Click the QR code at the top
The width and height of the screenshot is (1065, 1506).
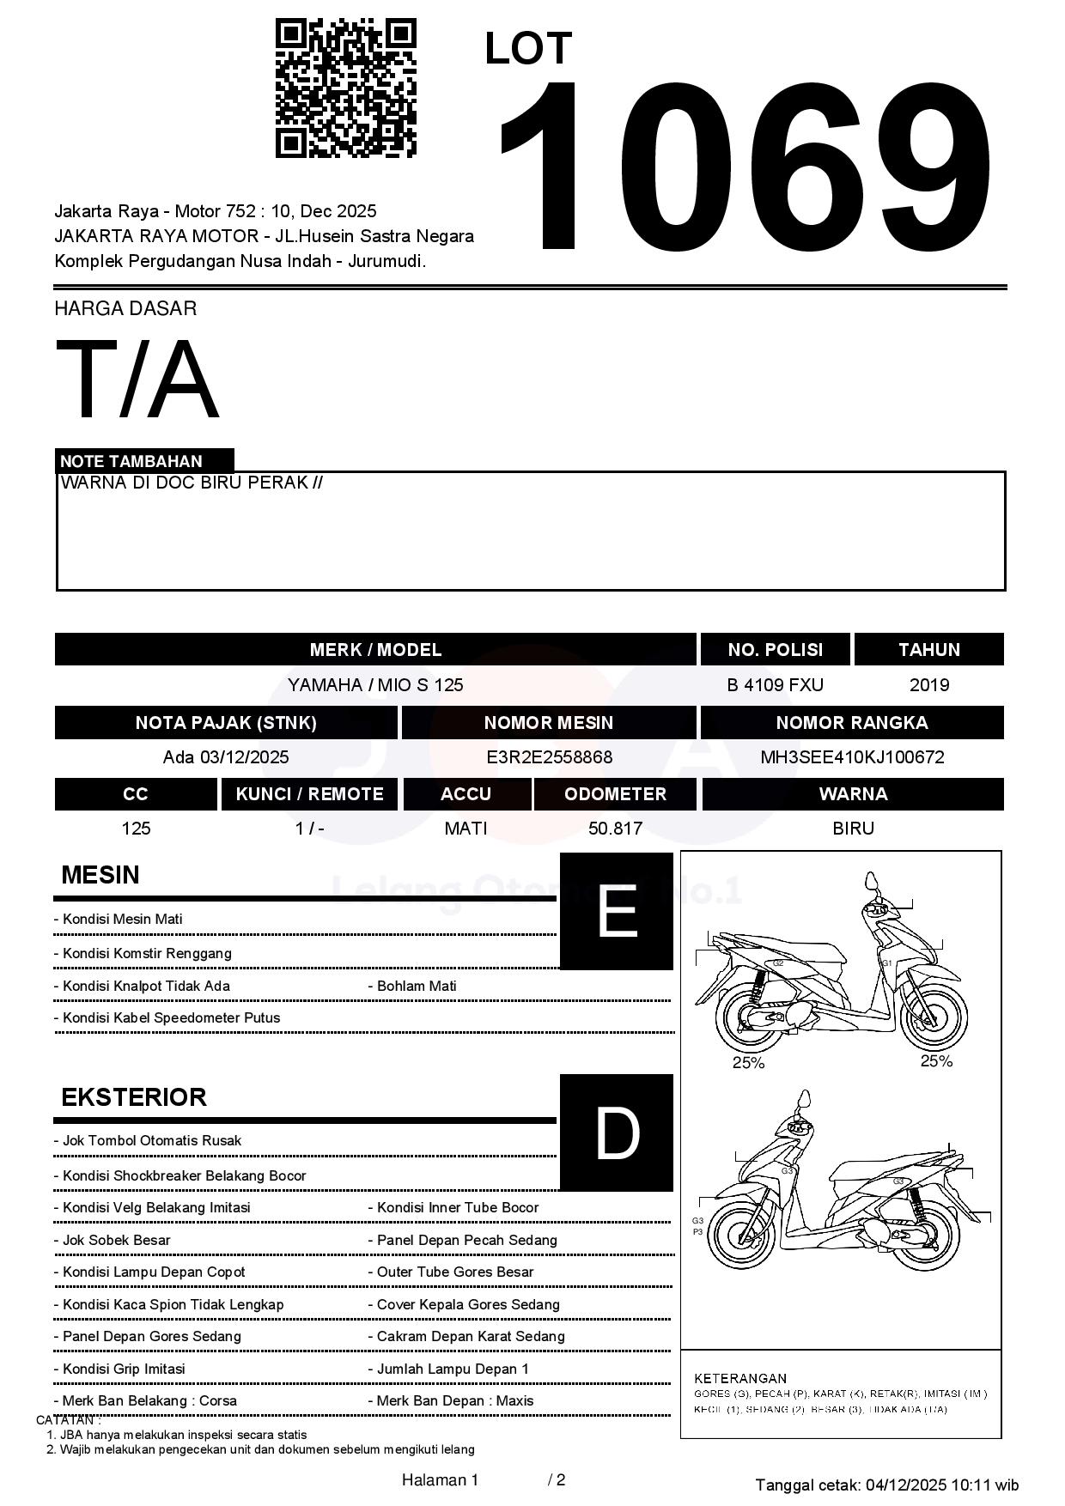pos(345,88)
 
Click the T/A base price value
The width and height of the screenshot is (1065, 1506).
pos(137,380)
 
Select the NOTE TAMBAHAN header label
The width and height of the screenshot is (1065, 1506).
pos(131,461)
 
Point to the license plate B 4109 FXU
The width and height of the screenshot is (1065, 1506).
pos(775,685)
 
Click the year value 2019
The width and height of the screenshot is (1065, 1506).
pos(928,685)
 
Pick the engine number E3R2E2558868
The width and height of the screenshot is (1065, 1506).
pos(549,757)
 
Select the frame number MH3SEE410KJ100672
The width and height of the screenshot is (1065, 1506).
pos(852,757)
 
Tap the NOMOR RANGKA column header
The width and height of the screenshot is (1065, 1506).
pos(851,723)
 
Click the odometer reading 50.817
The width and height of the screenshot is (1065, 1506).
pos(615,829)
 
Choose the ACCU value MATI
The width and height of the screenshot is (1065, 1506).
pos(466,829)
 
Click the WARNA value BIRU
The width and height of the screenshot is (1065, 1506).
pos(853,829)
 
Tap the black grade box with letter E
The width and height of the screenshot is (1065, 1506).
pos(617,911)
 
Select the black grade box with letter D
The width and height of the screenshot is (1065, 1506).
pos(617,1133)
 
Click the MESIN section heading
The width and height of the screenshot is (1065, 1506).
pos(100,875)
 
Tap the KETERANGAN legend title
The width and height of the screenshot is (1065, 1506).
pos(740,1378)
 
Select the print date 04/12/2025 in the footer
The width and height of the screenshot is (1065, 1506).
pos(905,1485)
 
